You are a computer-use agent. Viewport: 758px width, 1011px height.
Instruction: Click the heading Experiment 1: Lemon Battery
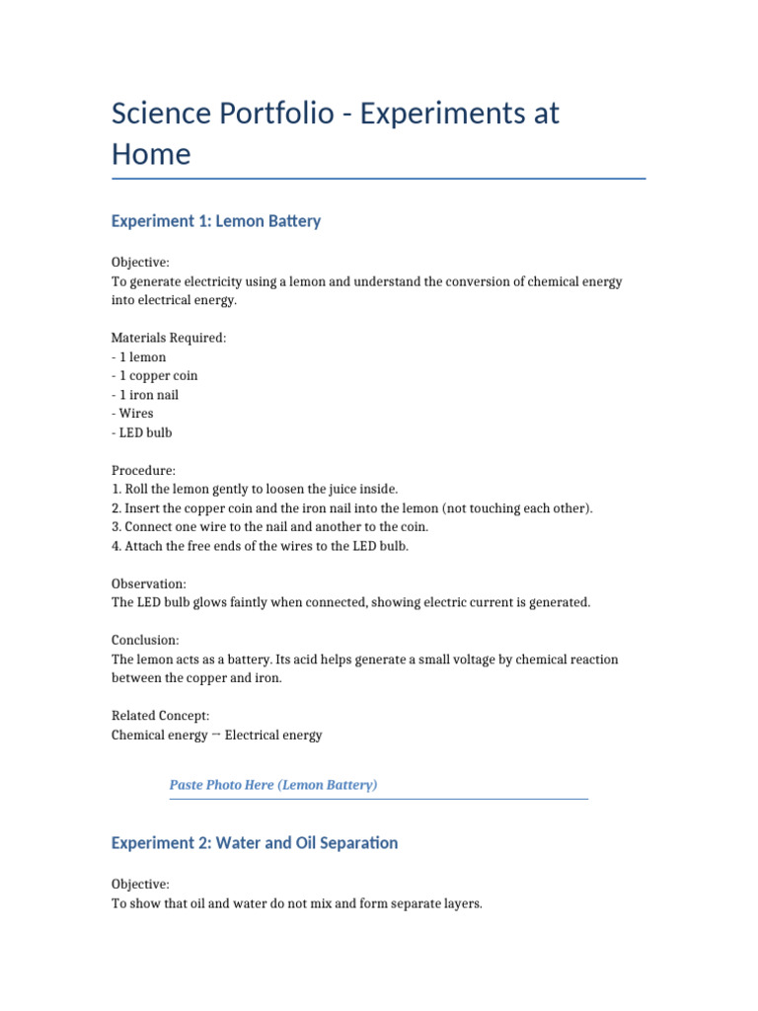[x=216, y=221]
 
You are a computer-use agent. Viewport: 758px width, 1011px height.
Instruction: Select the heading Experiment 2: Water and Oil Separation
[x=255, y=842]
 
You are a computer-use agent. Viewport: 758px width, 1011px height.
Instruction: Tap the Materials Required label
[x=169, y=338]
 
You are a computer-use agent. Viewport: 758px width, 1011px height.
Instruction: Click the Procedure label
[x=143, y=471]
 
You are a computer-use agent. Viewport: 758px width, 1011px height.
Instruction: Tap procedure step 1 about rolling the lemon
[x=255, y=490]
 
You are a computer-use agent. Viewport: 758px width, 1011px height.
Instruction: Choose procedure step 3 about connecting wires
[x=269, y=527]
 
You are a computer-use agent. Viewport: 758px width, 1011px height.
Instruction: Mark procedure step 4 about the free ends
[x=260, y=546]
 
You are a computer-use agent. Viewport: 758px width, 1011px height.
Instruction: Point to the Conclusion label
[x=145, y=641]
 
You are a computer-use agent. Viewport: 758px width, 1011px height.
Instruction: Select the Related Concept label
[x=160, y=716]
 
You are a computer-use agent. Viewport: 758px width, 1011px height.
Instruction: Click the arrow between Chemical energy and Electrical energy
[x=216, y=735]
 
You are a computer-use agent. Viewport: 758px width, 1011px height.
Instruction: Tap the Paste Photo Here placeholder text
[x=273, y=785]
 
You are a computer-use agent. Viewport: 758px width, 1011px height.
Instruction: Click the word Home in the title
[x=151, y=155]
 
